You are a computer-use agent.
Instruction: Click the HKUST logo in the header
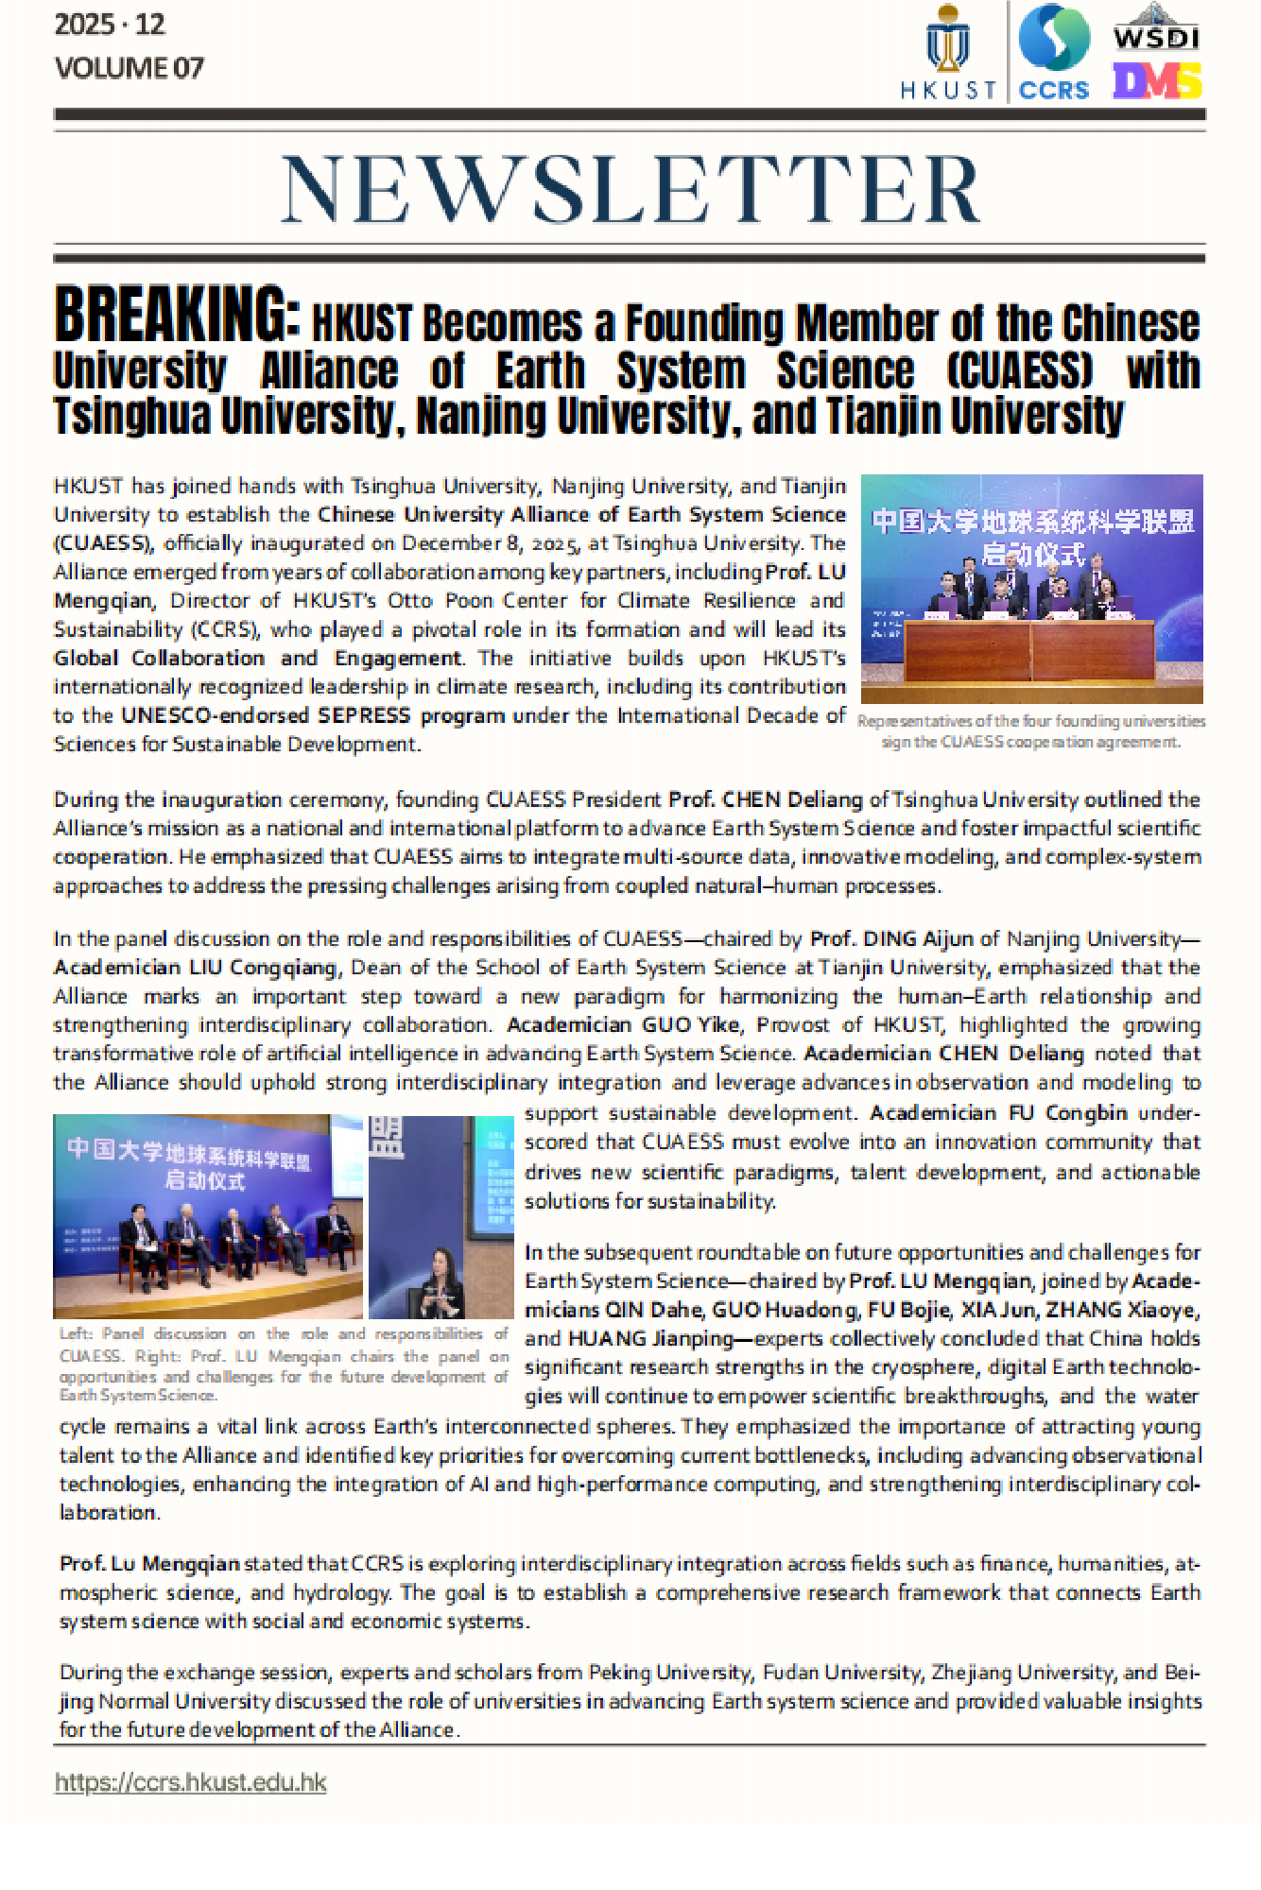click(x=948, y=51)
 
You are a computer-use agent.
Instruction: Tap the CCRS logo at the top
click(x=1054, y=51)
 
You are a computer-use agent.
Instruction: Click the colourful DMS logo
click(x=1156, y=81)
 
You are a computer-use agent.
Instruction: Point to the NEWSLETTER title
click(x=630, y=190)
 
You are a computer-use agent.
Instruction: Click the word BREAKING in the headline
click(x=177, y=315)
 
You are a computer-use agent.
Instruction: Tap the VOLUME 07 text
click(x=130, y=68)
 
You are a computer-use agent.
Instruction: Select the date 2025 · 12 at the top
click(x=110, y=25)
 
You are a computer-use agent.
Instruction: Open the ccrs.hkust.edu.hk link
click(x=190, y=1782)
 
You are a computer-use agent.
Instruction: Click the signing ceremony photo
click(x=1031, y=588)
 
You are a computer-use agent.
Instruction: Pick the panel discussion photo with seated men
click(x=208, y=1216)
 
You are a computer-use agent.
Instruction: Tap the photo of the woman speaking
click(x=440, y=1216)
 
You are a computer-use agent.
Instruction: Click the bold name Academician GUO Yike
click(x=624, y=1025)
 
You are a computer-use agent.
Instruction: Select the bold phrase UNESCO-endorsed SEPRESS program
click(x=313, y=715)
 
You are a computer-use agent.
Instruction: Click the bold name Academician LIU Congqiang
click(x=196, y=968)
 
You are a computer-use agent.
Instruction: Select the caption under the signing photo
click(x=1031, y=731)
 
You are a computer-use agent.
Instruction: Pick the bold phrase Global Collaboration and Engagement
click(x=257, y=659)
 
